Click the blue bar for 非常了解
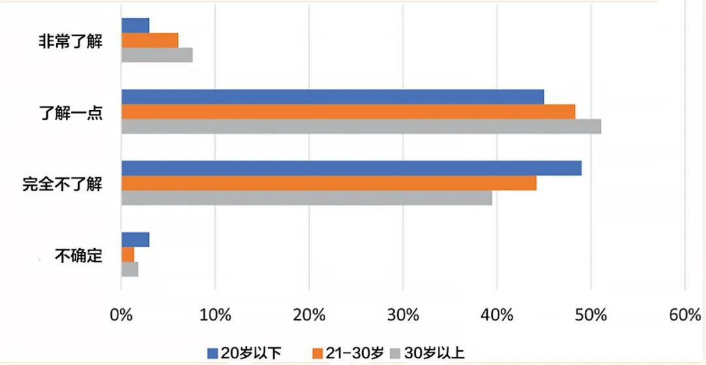point(135,26)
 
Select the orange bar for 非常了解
point(150,40)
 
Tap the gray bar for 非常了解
point(157,55)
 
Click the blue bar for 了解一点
point(333,97)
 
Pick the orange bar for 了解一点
point(348,112)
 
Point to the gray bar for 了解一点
point(361,127)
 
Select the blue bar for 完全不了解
point(352,168)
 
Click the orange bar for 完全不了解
point(329,183)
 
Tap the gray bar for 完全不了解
point(307,198)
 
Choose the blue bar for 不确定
point(135,239)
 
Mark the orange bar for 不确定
point(128,254)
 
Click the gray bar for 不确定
point(129,269)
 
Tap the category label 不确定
point(79,256)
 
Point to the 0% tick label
point(121,315)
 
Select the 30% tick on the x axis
point(403,315)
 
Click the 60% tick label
point(685,315)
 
